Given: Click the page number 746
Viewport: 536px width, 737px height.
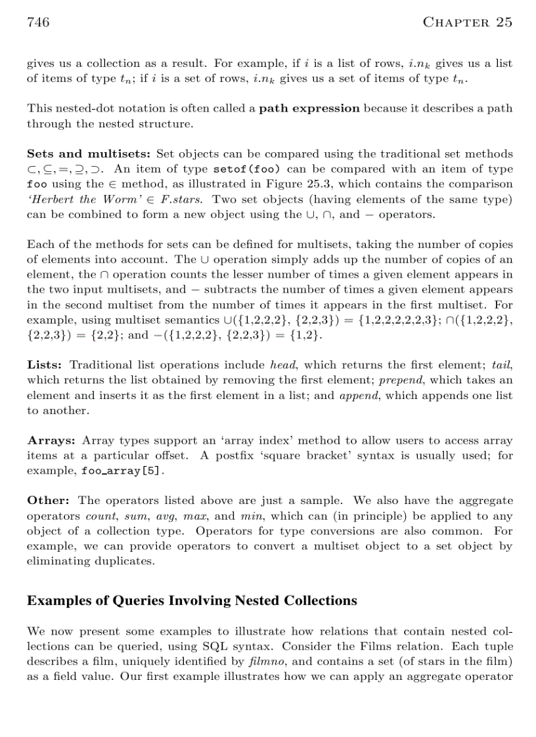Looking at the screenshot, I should (x=38, y=23).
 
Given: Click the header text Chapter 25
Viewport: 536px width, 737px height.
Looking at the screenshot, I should (x=467, y=23).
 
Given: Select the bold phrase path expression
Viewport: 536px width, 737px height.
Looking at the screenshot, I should (x=309, y=108).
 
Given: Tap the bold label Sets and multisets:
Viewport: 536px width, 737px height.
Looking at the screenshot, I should (x=89, y=154).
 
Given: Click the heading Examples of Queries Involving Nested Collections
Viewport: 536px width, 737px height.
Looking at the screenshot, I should (x=192, y=600).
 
